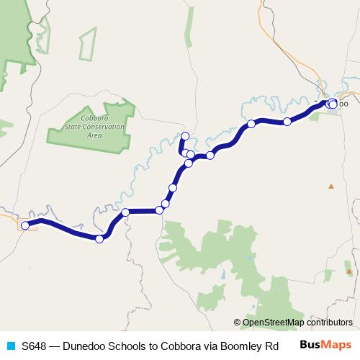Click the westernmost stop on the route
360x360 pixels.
(x=25, y=225)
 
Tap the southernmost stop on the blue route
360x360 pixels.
(x=99, y=239)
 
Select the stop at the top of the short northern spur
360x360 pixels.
(x=185, y=136)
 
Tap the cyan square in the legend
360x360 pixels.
(x=10, y=345)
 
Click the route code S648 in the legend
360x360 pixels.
(x=34, y=345)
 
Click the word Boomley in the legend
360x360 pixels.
(x=243, y=345)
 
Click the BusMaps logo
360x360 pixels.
(x=325, y=345)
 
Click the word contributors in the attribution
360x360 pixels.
(x=329, y=323)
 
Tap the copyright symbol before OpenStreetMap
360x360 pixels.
(x=237, y=323)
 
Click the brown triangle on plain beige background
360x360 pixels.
(x=331, y=186)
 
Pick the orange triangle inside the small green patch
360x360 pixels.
(x=349, y=271)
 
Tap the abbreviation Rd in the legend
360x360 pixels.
(x=271, y=345)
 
